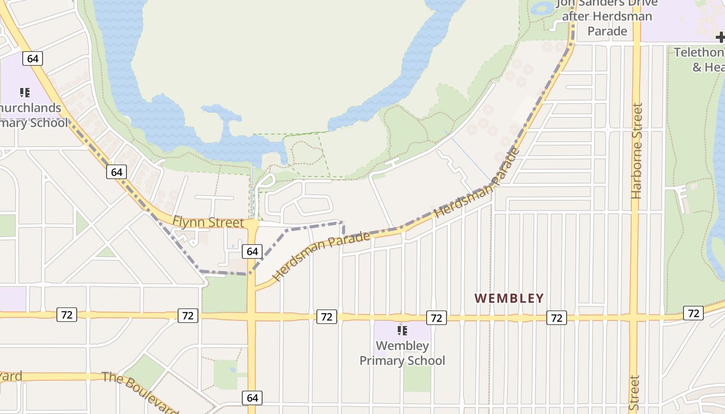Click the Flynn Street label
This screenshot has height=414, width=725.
208,223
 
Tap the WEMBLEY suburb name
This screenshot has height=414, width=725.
509,299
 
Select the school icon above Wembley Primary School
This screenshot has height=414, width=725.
402,330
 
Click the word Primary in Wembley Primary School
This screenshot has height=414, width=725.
402,361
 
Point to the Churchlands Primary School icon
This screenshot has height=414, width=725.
24,93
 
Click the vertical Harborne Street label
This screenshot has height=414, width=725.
637,150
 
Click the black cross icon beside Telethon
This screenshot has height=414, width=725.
720,37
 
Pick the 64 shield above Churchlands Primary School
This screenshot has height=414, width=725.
32,58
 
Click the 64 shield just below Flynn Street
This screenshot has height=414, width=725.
252,252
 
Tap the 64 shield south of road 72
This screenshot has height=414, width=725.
252,397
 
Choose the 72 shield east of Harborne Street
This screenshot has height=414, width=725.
693,313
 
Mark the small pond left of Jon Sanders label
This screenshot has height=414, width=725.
543,8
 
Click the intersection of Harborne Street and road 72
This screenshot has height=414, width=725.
635,317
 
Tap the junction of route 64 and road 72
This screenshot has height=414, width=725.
252,316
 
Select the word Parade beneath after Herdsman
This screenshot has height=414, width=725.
607,31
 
